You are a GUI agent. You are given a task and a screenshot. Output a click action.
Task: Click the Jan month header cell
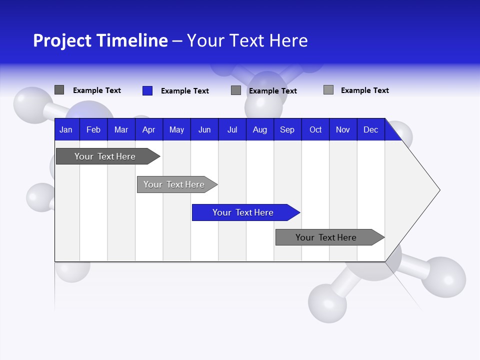tap(66, 130)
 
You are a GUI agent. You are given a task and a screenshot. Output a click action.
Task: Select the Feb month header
tap(93, 130)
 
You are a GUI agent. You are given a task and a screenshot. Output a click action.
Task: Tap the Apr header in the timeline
tap(149, 130)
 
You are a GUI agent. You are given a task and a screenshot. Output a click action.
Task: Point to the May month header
tap(176, 130)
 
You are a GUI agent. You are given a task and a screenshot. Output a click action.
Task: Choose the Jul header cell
tap(232, 130)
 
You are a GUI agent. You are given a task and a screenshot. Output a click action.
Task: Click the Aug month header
tap(260, 130)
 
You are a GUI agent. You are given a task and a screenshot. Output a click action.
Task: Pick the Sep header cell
tap(287, 130)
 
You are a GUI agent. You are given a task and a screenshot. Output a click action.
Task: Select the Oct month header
tap(315, 130)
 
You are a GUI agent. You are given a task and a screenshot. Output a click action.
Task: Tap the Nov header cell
tap(343, 130)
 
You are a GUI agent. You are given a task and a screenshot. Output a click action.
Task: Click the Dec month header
tap(371, 130)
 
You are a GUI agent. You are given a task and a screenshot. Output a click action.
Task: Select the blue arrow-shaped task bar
tap(243, 212)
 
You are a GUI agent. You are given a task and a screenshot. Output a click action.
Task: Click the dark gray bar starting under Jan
tap(105, 156)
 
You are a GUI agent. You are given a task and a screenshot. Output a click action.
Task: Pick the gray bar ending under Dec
tap(326, 237)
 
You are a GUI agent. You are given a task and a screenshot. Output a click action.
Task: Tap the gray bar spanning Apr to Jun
tap(174, 184)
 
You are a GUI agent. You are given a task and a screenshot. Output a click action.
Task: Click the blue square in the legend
tap(147, 90)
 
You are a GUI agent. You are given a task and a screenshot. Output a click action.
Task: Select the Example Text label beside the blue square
tap(185, 91)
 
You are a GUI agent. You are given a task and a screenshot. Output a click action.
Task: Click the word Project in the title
tap(61, 40)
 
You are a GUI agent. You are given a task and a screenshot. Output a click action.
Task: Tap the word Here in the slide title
tap(288, 40)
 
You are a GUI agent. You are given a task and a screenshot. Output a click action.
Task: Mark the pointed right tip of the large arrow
tap(439, 189)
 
